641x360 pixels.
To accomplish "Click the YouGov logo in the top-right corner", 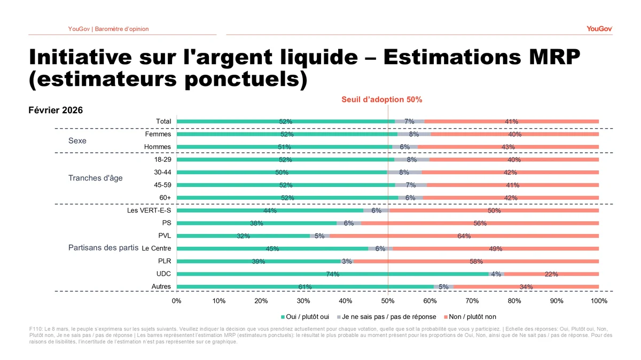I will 599,28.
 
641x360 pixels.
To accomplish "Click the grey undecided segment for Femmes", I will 413,134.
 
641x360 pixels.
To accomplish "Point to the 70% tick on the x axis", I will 472,301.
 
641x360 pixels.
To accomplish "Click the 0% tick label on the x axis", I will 177,301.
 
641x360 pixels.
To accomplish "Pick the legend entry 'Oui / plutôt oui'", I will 307,317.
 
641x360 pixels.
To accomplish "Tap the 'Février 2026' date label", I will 55,110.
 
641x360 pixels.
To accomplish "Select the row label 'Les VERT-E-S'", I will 149,210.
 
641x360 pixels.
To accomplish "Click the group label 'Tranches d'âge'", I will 95,178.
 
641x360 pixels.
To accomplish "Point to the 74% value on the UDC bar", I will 332,274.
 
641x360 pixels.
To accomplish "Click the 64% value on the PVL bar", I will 464,236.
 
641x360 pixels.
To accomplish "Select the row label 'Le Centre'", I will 157,248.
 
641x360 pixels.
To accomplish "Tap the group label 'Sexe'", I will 77,141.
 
